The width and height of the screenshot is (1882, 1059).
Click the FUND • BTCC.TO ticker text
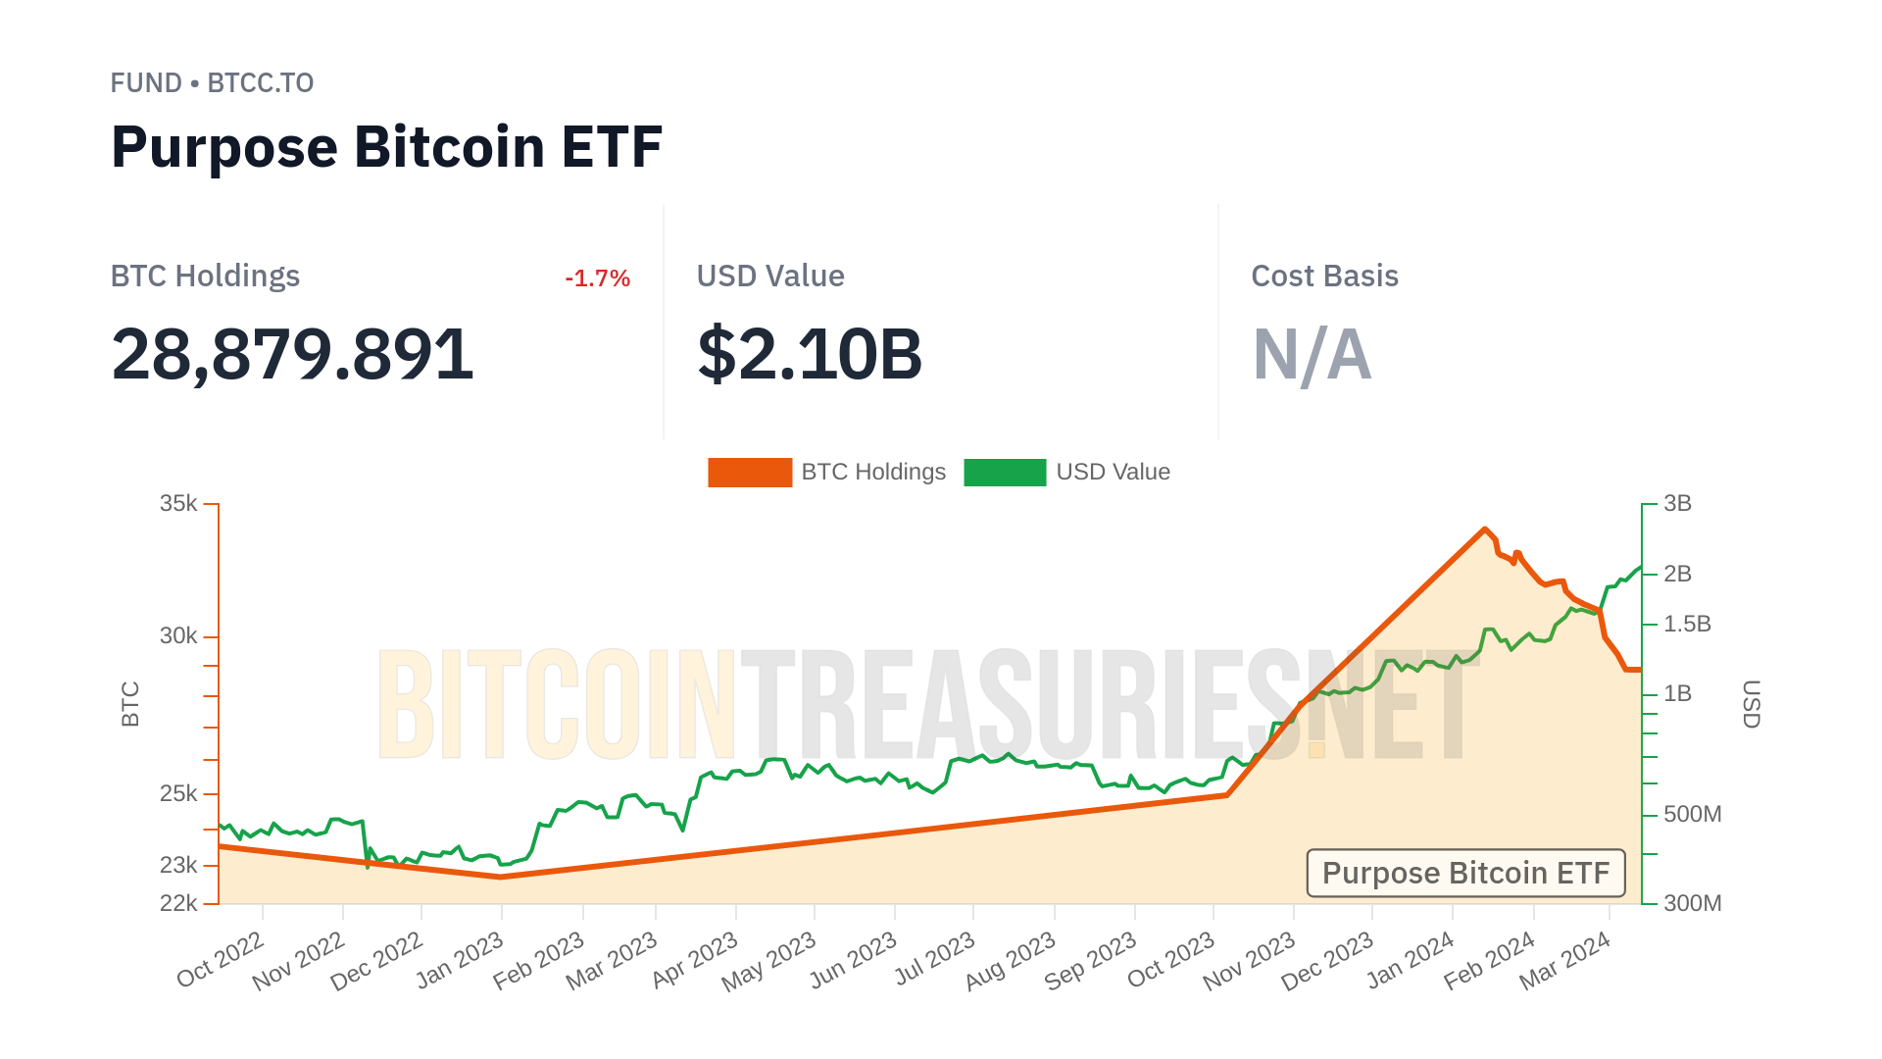pyautogui.click(x=212, y=83)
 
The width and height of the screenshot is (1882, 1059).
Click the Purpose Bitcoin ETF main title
pyautogui.click(x=386, y=147)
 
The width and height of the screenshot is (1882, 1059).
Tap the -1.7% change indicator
pyautogui.click(x=597, y=278)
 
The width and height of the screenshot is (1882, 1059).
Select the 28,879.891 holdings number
pyautogui.click(x=292, y=354)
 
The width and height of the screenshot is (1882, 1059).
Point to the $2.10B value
pyautogui.click(x=810, y=354)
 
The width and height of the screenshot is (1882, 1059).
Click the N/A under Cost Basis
pyautogui.click(x=1312, y=354)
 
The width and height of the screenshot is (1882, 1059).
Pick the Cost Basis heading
pyautogui.click(x=1324, y=277)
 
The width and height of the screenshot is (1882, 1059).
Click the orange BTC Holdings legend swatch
pyautogui.click(x=750, y=473)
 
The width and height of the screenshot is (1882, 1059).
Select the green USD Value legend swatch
pyautogui.click(x=1005, y=473)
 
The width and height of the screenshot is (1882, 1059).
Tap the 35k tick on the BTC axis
pyautogui.click(x=178, y=504)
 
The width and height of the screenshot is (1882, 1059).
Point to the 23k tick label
pyautogui.click(x=178, y=865)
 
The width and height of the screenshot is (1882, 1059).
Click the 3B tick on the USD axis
pyautogui.click(x=1677, y=504)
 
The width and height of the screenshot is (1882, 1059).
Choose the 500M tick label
pyautogui.click(x=1692, y=814)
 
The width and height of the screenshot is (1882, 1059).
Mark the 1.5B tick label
pyautogui.click(x=1687, y=624)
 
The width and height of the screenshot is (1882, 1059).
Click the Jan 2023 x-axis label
pyautogui.click(x=461, y=960)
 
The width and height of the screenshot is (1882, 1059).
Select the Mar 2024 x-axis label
pyautogui.click(x=1565, y=960)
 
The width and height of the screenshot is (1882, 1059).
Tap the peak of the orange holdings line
pyautogui.click(x=1485, y=529)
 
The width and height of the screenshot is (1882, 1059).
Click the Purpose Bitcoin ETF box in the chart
pyautogui.click(x=1465, y=873)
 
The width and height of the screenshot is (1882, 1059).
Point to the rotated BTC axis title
pyautogui.click(x=130, y=704)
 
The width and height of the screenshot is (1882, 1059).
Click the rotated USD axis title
pyautogui.click(x=1751, y=704)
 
